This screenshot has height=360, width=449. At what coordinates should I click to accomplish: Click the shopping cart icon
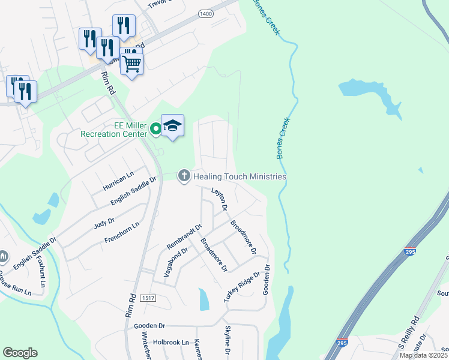[x=131, y=62]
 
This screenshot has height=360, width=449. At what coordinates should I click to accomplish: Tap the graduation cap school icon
[x=172, y=125]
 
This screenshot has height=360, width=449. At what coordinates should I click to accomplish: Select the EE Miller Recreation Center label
[x=114, y=130]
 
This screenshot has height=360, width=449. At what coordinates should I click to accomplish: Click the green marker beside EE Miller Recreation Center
[x=155, y=127]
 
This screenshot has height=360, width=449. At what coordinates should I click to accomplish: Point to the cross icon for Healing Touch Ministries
[x=184, y=176]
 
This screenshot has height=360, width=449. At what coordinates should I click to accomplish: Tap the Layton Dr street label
[x=220, y=199]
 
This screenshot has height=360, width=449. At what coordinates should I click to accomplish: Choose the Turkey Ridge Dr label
[x=242, y=287]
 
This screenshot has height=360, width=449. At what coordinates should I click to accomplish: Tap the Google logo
[x=20, y=353]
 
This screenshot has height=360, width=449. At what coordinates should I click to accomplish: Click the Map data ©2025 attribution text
[x=423, y=355]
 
